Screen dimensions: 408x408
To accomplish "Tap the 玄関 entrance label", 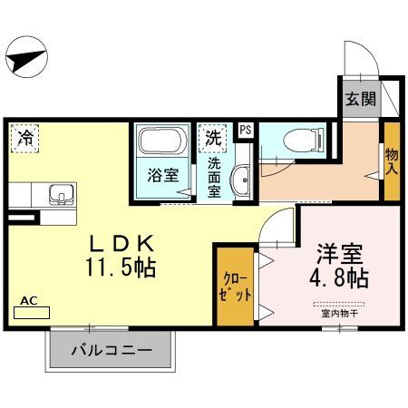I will (x=356, y=101).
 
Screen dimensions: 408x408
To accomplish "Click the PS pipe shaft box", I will (x=244, y=130).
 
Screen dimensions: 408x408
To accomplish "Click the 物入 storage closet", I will (x=391, y=161).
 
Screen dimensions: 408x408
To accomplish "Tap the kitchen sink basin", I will (x=61, y=194).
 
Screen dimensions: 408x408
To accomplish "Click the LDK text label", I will (x=125, y=245).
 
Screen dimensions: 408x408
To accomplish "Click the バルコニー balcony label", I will (x=110, y=352).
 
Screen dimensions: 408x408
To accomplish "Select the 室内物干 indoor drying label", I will (x=340, y=315).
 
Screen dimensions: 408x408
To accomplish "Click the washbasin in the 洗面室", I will (x=241, y=180).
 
